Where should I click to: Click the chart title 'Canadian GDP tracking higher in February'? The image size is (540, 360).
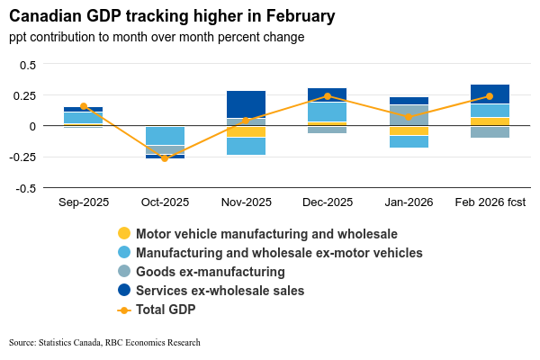172,16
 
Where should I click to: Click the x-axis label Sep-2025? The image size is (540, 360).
83,202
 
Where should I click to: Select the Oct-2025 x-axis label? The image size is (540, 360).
165,202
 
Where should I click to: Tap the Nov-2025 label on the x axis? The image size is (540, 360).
246,202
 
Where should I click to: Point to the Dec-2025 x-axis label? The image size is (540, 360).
327,202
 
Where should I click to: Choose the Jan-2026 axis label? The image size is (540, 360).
408,202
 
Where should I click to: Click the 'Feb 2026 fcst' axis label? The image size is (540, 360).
490,202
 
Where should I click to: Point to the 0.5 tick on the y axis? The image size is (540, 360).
28,65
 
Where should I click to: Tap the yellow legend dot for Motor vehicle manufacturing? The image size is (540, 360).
124,234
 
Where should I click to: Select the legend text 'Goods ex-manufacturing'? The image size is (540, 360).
211,272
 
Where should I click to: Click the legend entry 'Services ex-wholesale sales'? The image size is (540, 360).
220,291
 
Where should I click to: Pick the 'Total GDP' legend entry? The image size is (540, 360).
166,310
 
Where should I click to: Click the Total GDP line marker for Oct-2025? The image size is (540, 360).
165,158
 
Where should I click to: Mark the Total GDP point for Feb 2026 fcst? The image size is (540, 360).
490,96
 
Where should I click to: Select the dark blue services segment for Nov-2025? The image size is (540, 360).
246,104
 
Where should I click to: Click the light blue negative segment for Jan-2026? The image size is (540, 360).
408,141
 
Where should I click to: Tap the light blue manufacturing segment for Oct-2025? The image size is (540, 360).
165,136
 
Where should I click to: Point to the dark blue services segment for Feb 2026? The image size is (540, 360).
490,94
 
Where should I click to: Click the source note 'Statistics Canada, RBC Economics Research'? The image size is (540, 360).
104,343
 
